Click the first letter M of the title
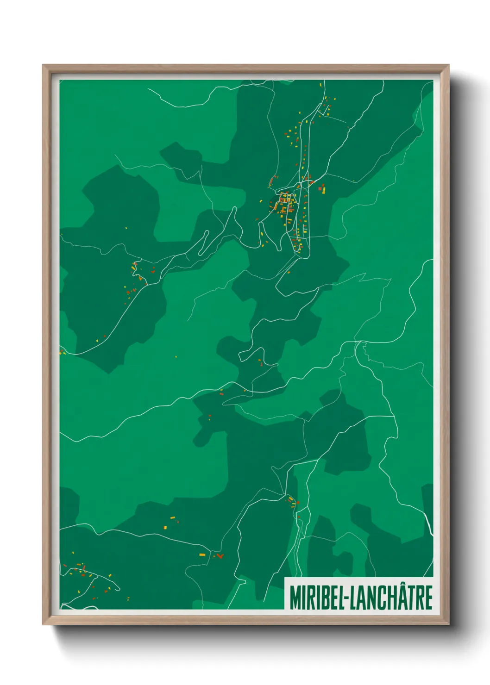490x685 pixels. click(295, 598)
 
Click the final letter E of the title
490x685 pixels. click(428, 598)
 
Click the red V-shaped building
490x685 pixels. click(220, 555)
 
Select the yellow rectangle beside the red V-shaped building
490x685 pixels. click(202, 554)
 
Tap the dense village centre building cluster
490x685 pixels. click(284, 204)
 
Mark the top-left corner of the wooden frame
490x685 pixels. click(43, 65)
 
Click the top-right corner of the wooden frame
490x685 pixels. click(448, 65)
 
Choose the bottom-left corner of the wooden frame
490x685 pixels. click(43, 624)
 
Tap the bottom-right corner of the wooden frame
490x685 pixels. click(448, 624)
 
